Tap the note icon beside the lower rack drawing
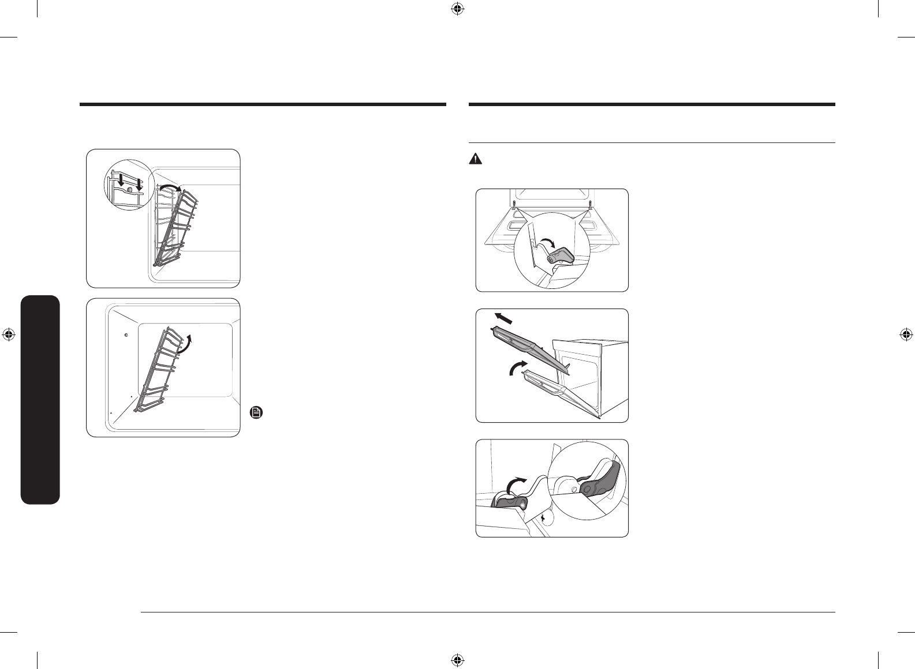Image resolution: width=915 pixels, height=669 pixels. [x=256, y=412]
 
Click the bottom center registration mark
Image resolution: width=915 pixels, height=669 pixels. [x=457, y=659]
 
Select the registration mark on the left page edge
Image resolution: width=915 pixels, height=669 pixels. [x=9, y=334]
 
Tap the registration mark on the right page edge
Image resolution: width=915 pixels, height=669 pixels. [x=906, y=334]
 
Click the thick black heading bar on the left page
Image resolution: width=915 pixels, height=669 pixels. [x=263, y=105]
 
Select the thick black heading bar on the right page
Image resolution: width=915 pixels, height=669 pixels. [x=652, y=105]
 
